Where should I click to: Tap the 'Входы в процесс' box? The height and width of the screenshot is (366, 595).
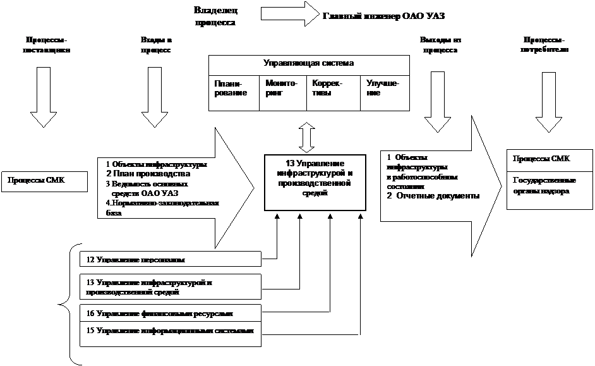155,45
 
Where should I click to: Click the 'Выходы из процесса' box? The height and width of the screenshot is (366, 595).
440,46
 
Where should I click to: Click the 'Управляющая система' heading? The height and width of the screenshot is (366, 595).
308,64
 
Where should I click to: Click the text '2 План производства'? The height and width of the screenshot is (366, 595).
148,174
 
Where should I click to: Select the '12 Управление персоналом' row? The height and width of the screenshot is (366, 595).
171,259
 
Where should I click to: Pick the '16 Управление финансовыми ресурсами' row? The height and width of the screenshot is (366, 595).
171,313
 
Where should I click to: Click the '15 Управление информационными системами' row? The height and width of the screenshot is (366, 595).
171,332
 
